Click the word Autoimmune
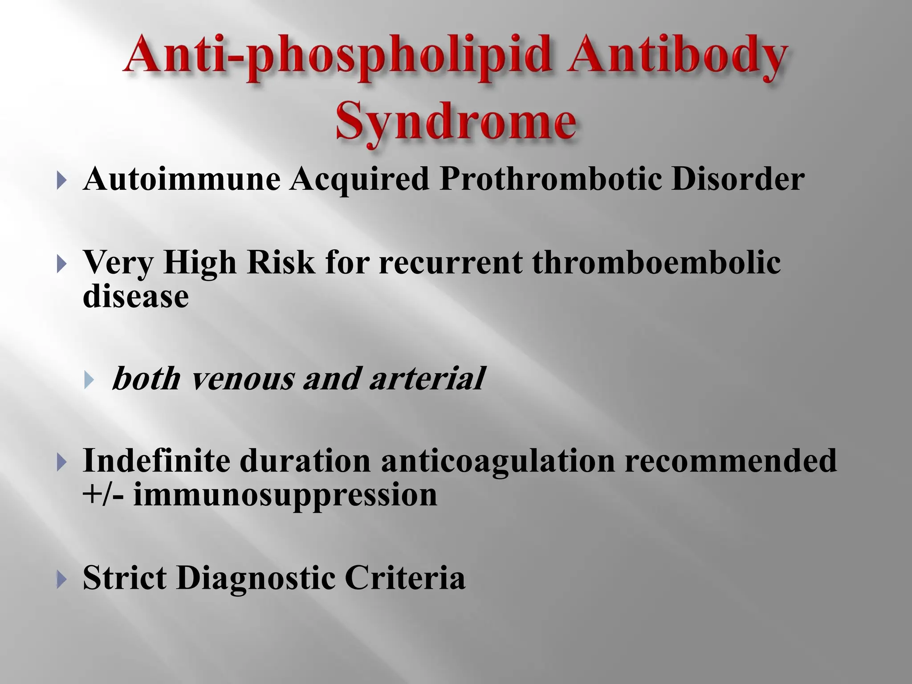pyautogui.click(x=182, y=179)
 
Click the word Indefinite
pyautogui.click(x=156, y=460)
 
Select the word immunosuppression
pyautogui.click(x=285, y=495)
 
